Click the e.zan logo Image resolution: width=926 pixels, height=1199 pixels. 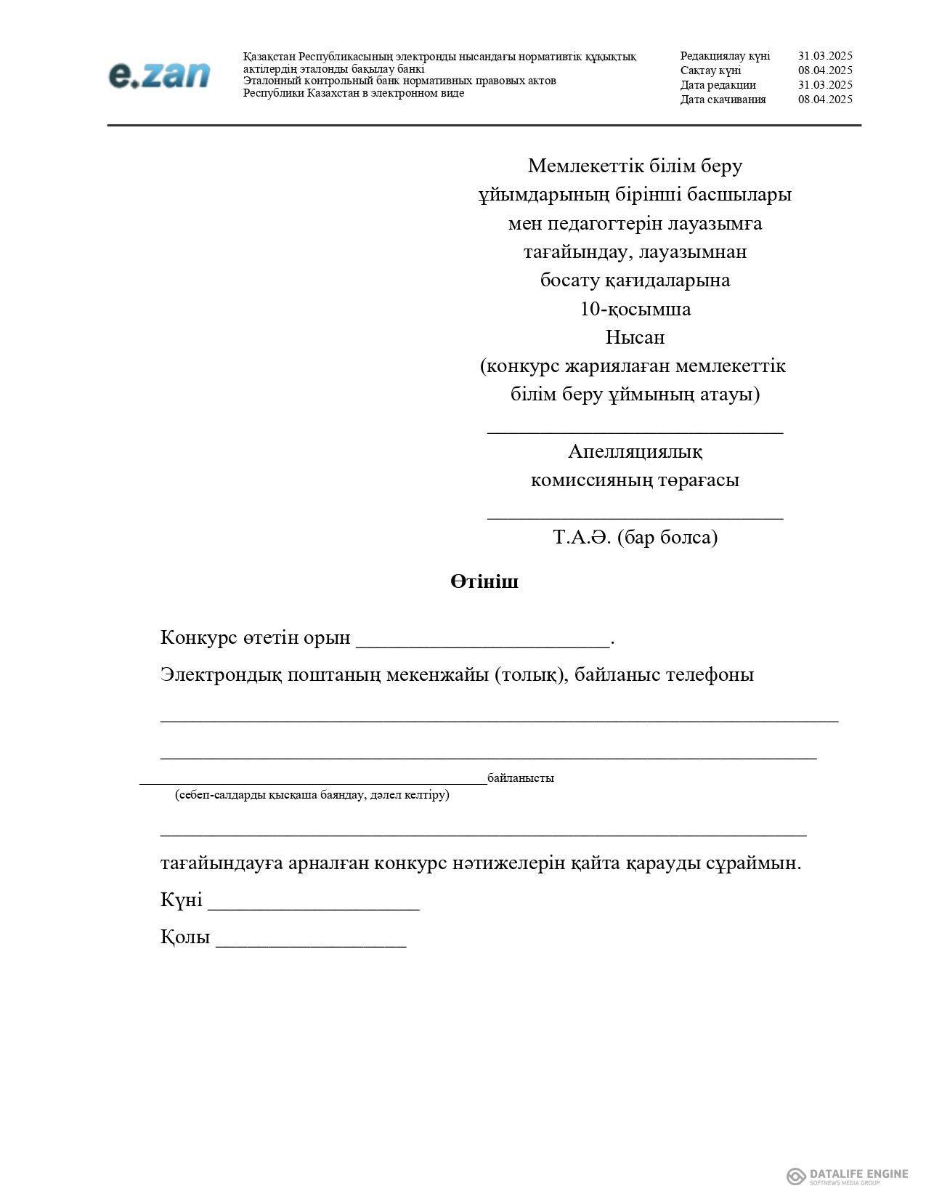(159, 76)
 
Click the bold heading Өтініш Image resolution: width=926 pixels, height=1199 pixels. (484, 582)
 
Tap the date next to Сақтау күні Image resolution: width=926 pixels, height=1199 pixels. (825, 70)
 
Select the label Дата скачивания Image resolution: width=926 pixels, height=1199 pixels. (723, 100)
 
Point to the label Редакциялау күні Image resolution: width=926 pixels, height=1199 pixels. (725, 56)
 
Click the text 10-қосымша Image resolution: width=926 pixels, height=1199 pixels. (635, 310)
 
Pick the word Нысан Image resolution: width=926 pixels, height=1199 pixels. (635, 338)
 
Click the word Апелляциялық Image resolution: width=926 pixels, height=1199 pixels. (635, 452)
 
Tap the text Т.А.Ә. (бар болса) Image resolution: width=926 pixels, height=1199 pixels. (635, 538)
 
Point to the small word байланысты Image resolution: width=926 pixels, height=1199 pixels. (521, 778)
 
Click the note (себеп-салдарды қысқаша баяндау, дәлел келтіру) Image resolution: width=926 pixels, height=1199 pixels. (312, 795)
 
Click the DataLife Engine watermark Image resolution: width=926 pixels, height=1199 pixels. (848, 1175)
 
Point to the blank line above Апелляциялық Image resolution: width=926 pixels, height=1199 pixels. (635, 430)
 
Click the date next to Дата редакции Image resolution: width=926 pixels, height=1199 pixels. (825, 85)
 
